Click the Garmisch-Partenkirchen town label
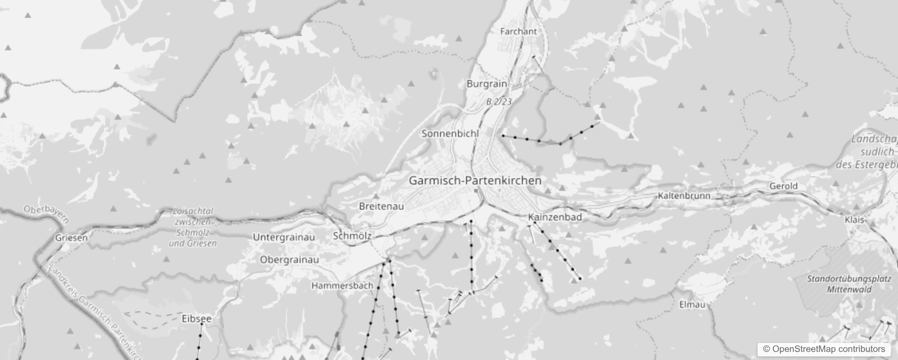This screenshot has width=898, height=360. coord(475,180)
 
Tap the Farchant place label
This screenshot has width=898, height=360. coord(518,31)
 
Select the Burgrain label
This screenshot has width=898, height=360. coord(486,84)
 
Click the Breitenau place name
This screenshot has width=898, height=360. coord(381,206)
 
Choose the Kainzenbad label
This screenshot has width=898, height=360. coord(555,217)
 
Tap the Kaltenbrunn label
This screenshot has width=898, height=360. coord(684,195)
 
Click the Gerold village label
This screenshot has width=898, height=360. coord(783,186)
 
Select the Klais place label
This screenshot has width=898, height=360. coord(854,220)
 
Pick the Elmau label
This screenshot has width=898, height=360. coord(692,305)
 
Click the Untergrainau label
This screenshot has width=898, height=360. coord(284,237)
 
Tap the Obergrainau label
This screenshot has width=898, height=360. coord(289,260)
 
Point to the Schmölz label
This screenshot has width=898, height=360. coord(352,236)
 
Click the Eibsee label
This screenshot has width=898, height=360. coord(196,319)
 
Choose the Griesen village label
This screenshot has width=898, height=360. coord(71,238)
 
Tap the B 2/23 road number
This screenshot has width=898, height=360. coord(499,102)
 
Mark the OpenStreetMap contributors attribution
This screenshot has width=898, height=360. coord(824,349)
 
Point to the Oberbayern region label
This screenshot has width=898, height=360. coord(46,214)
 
